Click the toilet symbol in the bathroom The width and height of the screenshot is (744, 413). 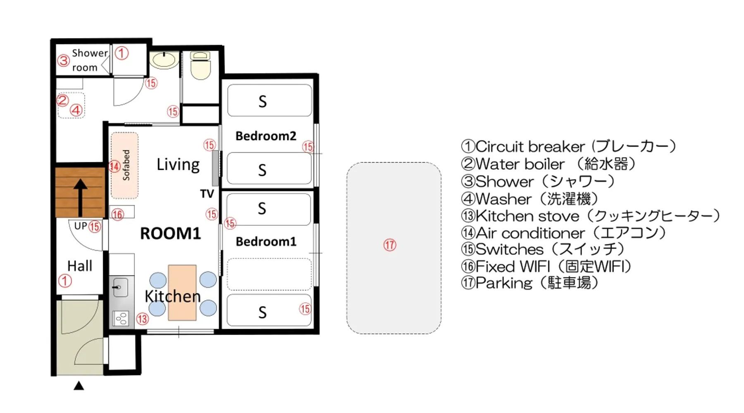[x=201, y=65]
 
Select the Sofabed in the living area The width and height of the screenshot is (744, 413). [x=124, y=165]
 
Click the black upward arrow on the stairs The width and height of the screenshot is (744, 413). [x=80, y=198]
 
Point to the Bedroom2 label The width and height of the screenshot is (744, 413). [x=266, y=136]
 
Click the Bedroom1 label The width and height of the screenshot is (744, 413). [x=266, y=242]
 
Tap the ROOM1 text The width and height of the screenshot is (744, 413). [x=170, y=233]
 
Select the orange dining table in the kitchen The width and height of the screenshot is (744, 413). [x=182, y=293]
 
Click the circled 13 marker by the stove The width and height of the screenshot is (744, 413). [x=143, y=319]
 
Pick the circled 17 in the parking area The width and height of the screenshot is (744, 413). [x=390, y=245]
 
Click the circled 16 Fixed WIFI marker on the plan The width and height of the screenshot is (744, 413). [x=118, y=214]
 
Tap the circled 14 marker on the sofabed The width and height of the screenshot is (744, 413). [x=114, y=166]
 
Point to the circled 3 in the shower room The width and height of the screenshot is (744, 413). [x=63, y=61]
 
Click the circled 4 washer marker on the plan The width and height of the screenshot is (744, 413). [x=76, y=110]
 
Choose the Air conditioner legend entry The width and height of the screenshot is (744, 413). [x=564, y=233]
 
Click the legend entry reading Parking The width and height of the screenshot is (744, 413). [x=530, y=283]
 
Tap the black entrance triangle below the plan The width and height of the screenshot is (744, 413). [x=79, y=386]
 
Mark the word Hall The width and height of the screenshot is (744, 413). [x=80, y=266]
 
